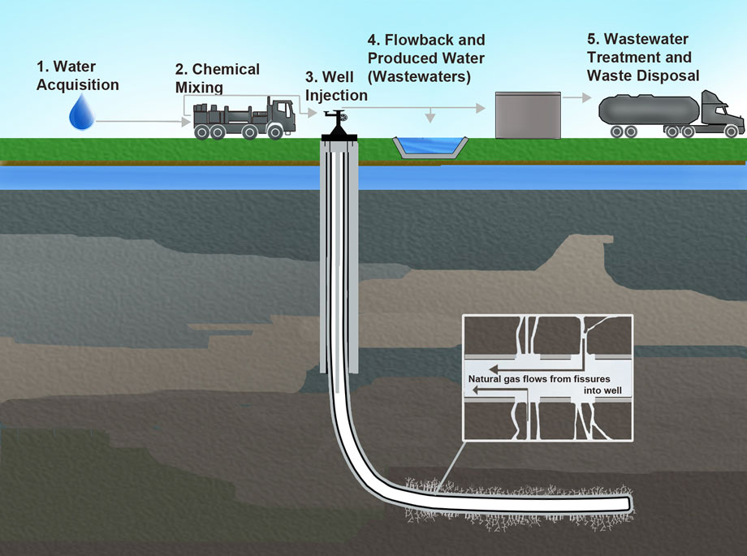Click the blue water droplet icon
(81, 114)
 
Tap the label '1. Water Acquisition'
(78, 77)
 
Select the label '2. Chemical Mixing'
(217, 78)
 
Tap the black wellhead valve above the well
(334, 123)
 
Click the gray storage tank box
(528, 114)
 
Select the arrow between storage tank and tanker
(576, 97)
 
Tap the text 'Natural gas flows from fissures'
(539, 379)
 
